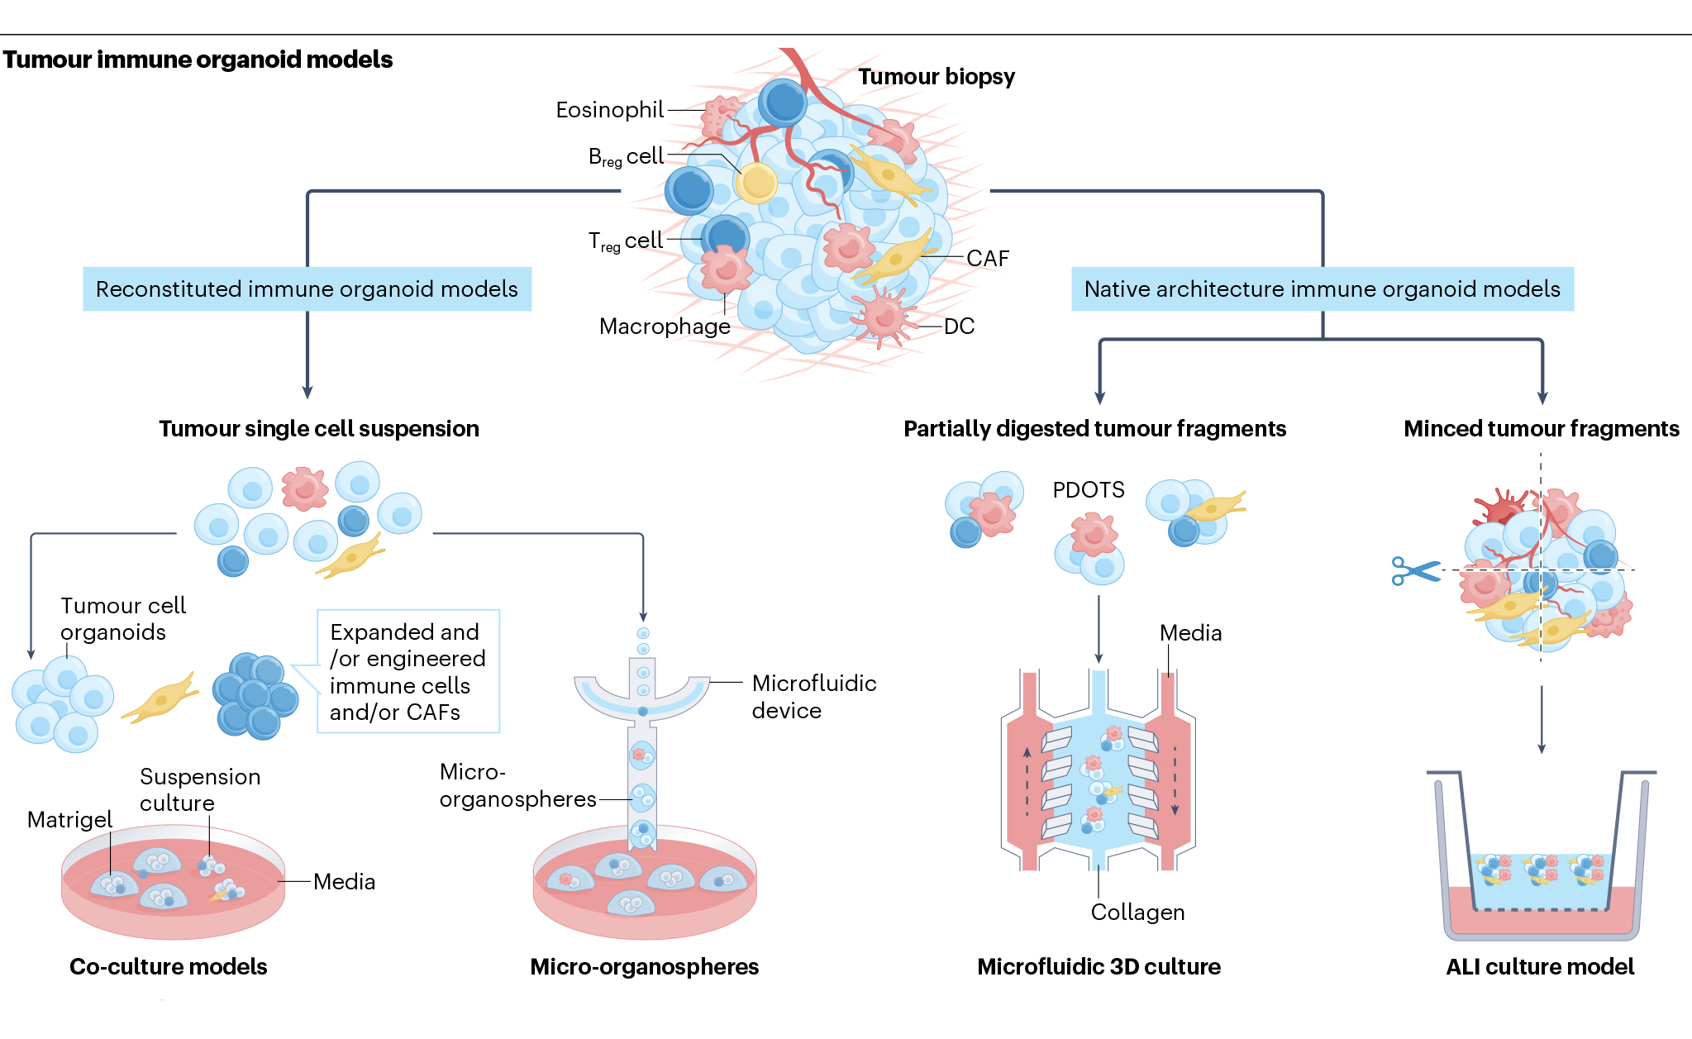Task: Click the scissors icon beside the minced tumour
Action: coord(1414,570)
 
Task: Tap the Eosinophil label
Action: coord(609,110)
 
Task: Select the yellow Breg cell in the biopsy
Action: coord(756,183)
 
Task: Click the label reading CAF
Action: coord(988,259)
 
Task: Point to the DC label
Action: coord(959,326)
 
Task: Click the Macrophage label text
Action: coord(665,326)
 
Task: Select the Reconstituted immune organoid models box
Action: coord(307,289)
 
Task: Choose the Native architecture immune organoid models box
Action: coord(1322,289)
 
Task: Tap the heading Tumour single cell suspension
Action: coord(319,429)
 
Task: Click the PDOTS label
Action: coord(1088,490)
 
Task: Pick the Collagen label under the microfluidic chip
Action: coord(1137,913)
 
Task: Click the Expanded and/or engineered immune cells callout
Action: coord(408,671)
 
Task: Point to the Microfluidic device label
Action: coord(813,697)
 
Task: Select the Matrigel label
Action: coord(69,820)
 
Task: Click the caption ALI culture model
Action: coord(1540,967)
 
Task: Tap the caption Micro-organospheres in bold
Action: coord(644,967)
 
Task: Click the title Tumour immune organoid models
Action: coord(198,60)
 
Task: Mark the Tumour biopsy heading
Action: coord(936,77)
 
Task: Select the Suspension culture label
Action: coord(199,790)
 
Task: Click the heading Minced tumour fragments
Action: coord(1541,429)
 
